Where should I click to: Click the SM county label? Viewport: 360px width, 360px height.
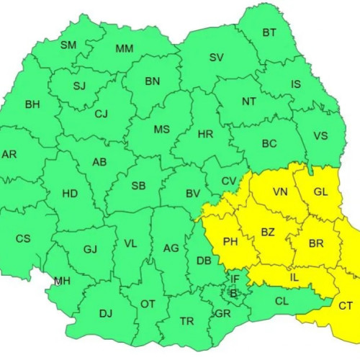68,45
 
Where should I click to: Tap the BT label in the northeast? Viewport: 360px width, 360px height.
269,32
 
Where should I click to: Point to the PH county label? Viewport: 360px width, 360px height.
230,242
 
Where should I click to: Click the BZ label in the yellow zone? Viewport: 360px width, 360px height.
268,233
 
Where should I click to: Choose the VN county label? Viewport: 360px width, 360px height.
281,192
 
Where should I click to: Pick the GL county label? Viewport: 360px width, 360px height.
320,192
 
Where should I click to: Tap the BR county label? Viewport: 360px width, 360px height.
315,243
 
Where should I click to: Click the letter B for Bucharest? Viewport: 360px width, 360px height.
233,293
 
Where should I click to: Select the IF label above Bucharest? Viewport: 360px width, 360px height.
235,279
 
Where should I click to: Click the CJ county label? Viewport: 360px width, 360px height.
101,113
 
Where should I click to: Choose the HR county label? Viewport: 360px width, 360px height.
206,133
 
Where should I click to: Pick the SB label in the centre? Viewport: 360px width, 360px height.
138,186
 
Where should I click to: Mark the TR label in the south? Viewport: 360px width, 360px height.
186,321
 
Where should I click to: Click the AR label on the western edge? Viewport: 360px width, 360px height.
9,154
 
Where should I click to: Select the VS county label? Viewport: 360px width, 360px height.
320,135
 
